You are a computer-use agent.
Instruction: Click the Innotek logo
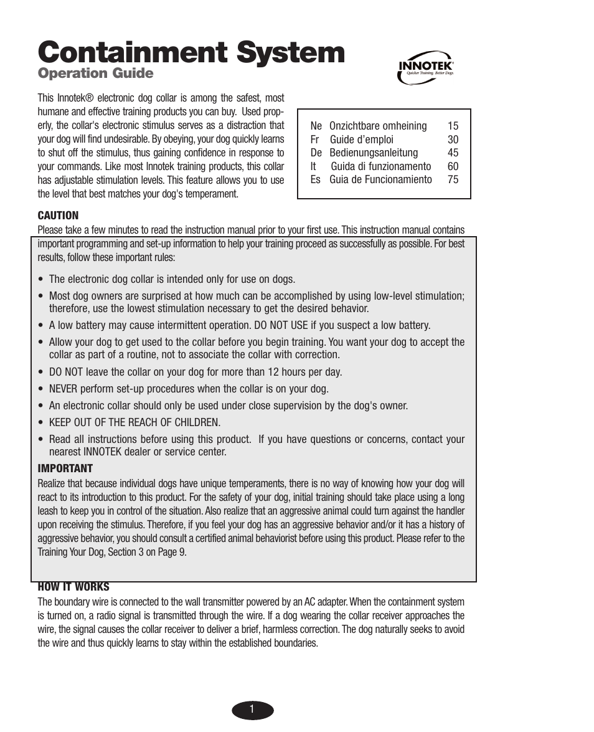pyautogui.click(x=426, y=67)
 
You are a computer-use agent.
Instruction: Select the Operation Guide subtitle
pyautogui.click(x=95, y=74)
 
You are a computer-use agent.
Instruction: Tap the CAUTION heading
pyautogui.click(x=58, y=216)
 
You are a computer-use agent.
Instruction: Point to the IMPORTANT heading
pyautogui.click(x=65, y=468)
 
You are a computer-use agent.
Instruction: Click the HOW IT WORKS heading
pyautogui.click(x=73, y=587)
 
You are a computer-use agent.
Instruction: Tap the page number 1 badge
pyautogui.click(x=252, y=710)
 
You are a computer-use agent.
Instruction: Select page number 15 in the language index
pyautogui.click(x=453, y=126)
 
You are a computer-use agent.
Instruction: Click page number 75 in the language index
pyautogui.click(x=453, y=179)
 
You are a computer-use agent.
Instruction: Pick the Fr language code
pyautogui.click(x=314, y=140)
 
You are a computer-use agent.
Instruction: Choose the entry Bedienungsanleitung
pyautogui.click(x=374, y=153)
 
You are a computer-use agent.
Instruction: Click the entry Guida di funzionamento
pyautogui.click(x=380, y=166)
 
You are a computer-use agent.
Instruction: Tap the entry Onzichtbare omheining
pyautogui.click(x=378, y=126)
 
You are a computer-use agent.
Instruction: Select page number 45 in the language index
pyautogui.click(x=453, y=153)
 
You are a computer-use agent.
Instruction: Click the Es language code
pyautogui.click(x=315, y=179)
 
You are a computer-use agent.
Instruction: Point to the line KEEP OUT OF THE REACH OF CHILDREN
pyautogui.click(x=134, y=422)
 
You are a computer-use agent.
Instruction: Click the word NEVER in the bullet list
pyautogui.click(x=64, y=389)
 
